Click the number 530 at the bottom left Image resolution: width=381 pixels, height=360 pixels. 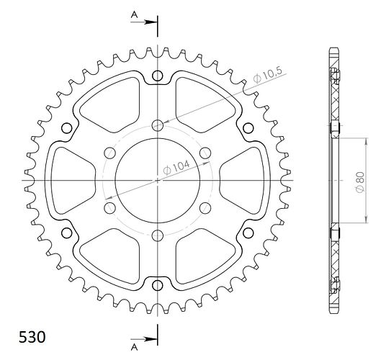coord(32,337)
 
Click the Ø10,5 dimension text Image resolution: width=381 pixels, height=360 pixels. coord(268,75)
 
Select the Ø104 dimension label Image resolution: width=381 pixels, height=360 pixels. coord(176,167)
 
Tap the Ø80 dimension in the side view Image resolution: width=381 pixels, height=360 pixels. coord(360,182)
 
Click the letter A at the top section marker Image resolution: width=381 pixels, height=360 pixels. coord(135,15)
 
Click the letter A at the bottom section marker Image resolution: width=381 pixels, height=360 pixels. coord(135,348)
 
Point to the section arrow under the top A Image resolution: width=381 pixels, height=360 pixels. coord(143,22)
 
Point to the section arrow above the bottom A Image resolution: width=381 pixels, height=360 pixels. coord(143,339)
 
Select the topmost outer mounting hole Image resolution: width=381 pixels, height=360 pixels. coord(158,76)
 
